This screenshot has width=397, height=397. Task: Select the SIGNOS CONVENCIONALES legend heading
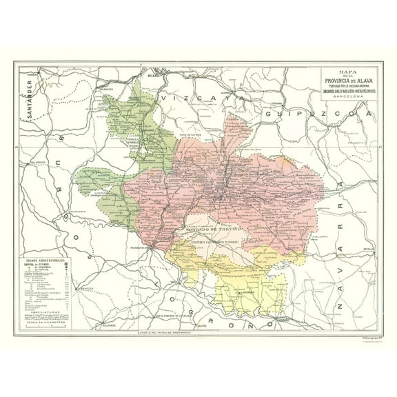pos(52,261)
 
